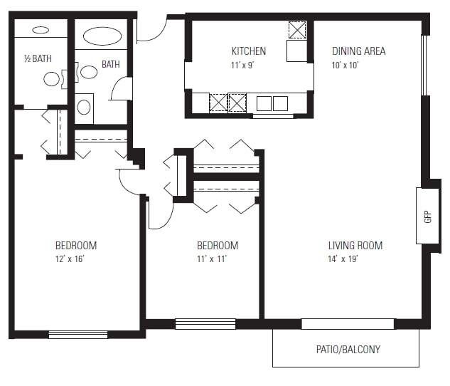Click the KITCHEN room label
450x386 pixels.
(x=249, y=51)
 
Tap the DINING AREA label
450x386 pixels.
(x=358, y=51)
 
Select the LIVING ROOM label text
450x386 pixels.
(x=355, y=246)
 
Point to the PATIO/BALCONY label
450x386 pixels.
(x=348, y=350)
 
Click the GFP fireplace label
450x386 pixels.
(x=428, y=217)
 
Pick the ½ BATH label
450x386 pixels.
(x=38, y=58)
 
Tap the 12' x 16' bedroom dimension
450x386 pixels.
(x=70, y=259)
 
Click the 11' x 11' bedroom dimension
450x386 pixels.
(x=212, y=259)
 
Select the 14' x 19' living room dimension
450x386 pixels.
(x=343, y=259)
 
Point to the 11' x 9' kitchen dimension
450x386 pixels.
(x=243, y=66)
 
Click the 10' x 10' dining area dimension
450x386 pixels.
(x=345, y=66)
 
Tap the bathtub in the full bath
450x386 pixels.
(x=102, y=36)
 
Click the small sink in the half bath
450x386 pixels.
(x=41, y=30)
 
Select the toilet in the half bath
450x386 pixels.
(x=52, y=78)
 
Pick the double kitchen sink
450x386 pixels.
(x=272, y=103)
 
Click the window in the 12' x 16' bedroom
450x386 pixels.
(x=78, y=335)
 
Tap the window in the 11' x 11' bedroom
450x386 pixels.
(x=205, y=324)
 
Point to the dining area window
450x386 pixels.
(x=424, y=66)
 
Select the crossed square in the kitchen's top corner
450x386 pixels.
(x=297, y=30)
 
